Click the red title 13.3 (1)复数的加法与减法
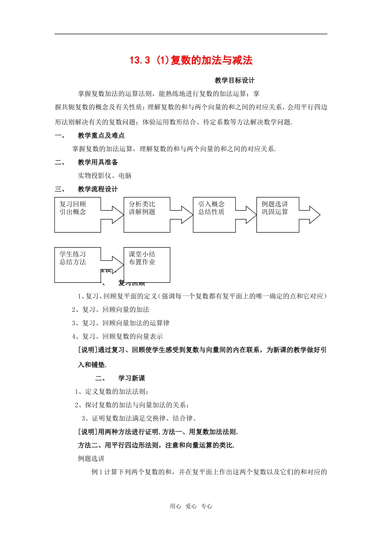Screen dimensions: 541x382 click(x=191, y=60)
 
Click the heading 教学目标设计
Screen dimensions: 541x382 click(x=234, y=81)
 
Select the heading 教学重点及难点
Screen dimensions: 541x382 click(x=101, y=136)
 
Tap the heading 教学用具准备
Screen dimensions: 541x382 click(x=98, y=162)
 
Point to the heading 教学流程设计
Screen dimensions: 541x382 click(x=98, y=189)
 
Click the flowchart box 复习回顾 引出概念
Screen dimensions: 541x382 click(x=77, y=215)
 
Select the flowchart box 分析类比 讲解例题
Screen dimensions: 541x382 click(x=146, y=215)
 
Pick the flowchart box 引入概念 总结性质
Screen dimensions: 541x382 click(x=214, y=215)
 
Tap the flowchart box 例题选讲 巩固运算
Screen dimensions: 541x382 click(x=277, y=215)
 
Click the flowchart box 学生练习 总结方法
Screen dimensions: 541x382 click(x=77, y=264)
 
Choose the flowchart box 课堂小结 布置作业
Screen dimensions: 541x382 click(x=146, y=264)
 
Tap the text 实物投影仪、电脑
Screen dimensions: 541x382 click(x=105, y=176)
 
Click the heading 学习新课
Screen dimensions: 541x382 click(x=131, y=378)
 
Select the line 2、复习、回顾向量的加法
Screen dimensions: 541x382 click(x=111, y=310)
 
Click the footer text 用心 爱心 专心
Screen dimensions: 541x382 click(x=191, y=506)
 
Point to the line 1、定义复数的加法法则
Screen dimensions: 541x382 click(x=112, y=392)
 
